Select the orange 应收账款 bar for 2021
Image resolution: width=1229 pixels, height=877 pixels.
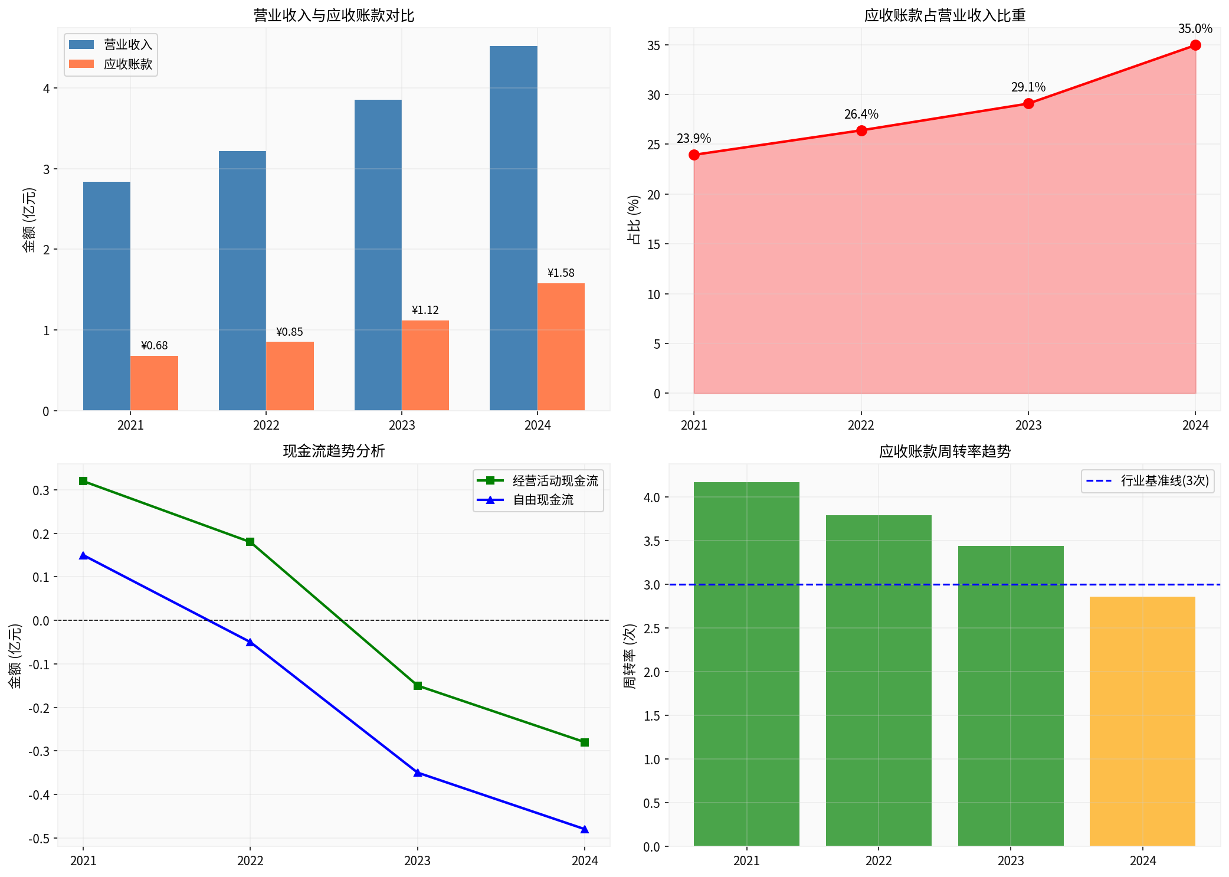[x=154, y=383]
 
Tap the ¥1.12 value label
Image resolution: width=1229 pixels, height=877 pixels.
[x=425, y=310]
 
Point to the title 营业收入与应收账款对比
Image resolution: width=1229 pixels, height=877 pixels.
[x=333, y=15]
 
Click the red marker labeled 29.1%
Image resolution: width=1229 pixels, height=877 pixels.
[x=1028, y=104]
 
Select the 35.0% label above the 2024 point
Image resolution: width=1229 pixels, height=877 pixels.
[x=1195, y=29]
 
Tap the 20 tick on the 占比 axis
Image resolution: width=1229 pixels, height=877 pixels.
[x=653, y=195]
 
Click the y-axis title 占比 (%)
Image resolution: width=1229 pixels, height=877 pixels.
[x=633, y=220]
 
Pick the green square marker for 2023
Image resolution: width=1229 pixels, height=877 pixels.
[x=418, y=686]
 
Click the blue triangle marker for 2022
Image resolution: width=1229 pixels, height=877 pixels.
[x=250, y=642]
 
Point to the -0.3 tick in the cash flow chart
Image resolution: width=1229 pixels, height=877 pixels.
[x=40, y=751]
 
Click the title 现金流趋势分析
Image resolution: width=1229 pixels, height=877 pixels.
[x=333, y=451]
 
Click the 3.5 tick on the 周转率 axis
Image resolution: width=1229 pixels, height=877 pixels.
[x=651, y=541]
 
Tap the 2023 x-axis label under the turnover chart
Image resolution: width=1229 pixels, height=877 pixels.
[x=1011, y=861]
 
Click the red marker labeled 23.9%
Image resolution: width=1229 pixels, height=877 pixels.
[x=694, y=155]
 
